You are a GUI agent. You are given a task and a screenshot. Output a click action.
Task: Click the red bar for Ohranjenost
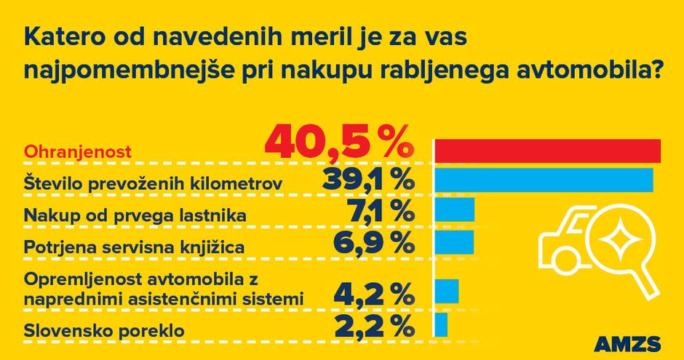click(x=547, y=150)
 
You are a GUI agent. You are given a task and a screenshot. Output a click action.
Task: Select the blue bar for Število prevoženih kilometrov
click(x=544, y=179)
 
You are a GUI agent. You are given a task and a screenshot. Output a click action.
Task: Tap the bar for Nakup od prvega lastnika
click(x=455, y=209)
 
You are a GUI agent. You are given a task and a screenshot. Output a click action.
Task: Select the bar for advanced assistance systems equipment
click(x=447, y=290)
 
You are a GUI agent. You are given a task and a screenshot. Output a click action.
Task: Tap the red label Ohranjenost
click(x=78, y=153)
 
